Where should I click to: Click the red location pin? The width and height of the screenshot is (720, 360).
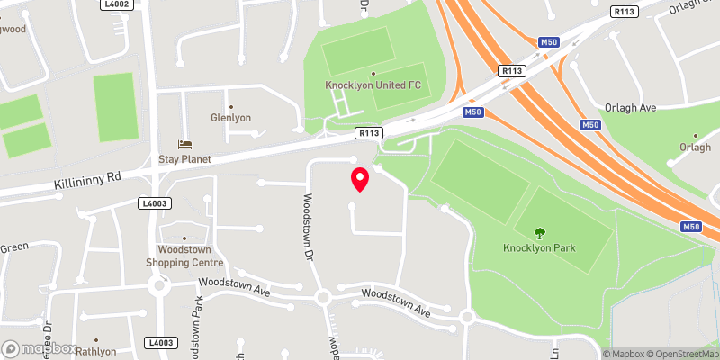click(x=359, y=179)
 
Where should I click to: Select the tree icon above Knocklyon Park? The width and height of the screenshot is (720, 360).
click(x=540, y=233)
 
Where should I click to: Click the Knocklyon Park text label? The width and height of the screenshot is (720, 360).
click(x=540, y=248)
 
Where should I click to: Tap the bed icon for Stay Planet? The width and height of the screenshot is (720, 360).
click(x=185, y=144)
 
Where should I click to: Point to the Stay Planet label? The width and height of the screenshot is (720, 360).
click(x=184, y=159)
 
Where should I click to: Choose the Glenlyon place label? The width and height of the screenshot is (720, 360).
click(x=230, y=118)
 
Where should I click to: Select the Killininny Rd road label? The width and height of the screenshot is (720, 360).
click(x=87, y=179)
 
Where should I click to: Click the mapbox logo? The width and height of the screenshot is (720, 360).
click(x=40, y=348)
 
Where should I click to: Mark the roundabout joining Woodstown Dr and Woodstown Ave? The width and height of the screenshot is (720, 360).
click(x=322, y=296)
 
